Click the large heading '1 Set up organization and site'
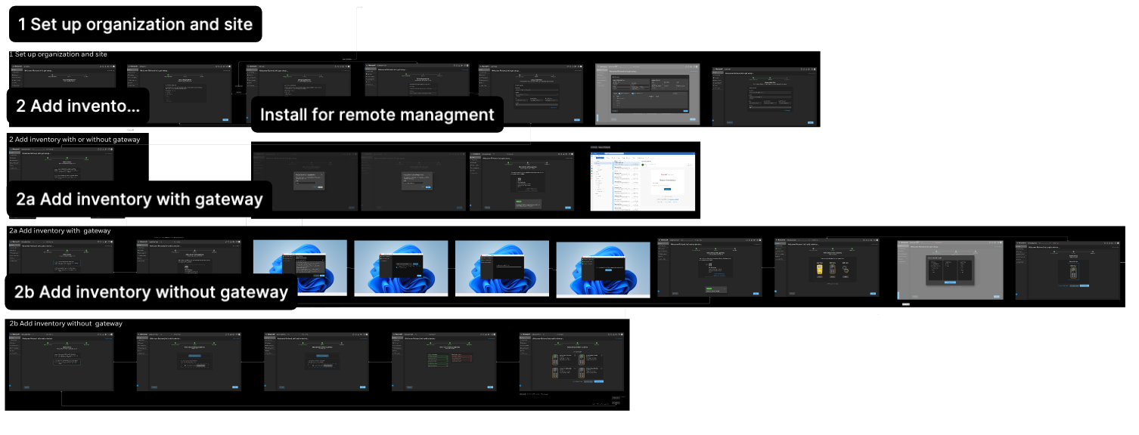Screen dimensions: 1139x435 135,24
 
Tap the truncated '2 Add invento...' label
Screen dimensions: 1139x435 78,106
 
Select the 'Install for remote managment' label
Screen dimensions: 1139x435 377,115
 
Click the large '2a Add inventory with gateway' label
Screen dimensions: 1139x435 139,199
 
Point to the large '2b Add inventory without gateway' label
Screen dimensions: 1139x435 151,292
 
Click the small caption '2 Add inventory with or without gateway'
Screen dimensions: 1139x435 75,139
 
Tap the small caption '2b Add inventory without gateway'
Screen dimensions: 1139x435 66,323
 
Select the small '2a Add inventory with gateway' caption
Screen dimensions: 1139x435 60,230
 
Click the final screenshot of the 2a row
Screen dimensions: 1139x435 1068,270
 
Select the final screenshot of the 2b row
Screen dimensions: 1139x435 573,361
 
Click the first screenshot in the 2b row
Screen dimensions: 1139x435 61,361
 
